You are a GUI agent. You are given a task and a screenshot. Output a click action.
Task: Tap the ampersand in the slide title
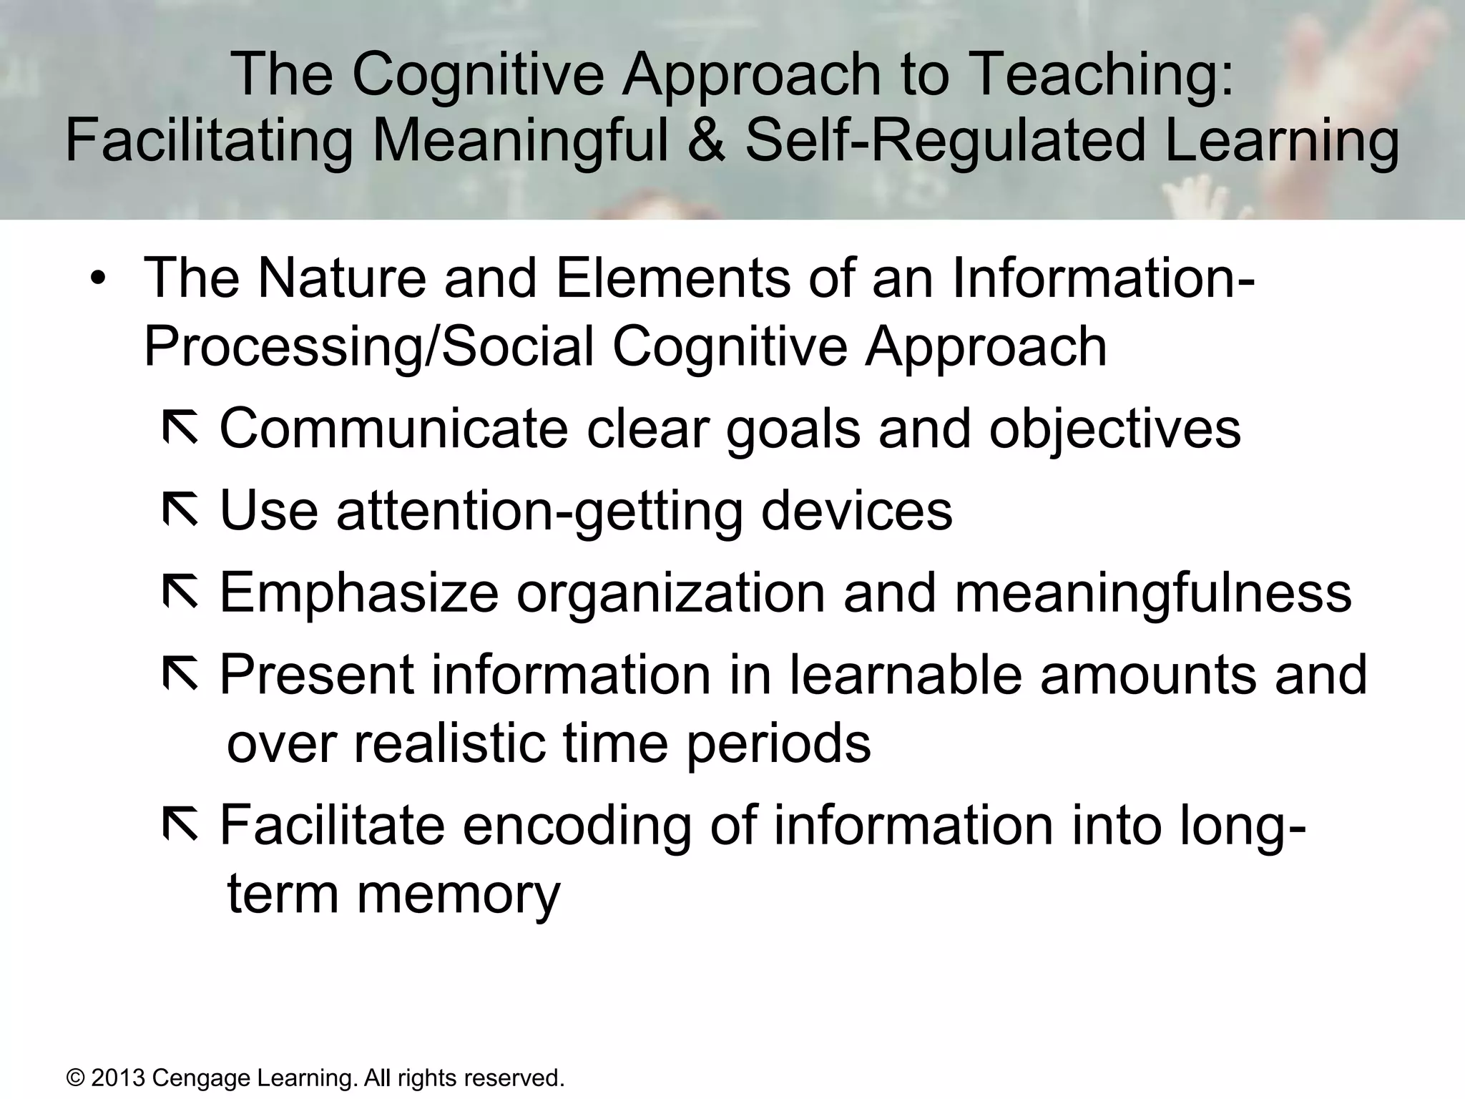click(705, 140)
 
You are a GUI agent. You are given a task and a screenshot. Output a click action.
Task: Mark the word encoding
click(577, 827)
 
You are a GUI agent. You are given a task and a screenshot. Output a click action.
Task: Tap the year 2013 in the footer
click(118, 1078)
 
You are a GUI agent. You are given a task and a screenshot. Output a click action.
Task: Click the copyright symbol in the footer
click(74, 1078)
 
